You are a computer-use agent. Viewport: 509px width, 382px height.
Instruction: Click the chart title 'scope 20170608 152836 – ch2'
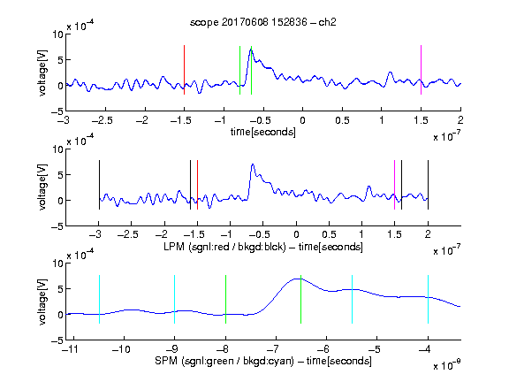[263, 22]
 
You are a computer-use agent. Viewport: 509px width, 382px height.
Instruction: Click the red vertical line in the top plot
[185, 70]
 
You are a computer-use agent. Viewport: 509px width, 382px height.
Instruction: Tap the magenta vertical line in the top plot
[421, 70]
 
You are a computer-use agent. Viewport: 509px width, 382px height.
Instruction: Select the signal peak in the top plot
[251, 50]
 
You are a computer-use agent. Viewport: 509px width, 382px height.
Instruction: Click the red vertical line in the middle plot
[197, 185]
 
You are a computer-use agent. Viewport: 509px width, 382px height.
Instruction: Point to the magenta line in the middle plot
[395, 185]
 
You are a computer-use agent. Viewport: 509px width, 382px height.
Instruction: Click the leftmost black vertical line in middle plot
[99, 185]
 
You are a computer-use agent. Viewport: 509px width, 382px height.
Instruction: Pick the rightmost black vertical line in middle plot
[428, 185]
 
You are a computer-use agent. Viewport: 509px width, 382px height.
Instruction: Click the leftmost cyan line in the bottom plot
[99, 299]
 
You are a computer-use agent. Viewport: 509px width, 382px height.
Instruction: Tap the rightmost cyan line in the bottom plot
[428, 299]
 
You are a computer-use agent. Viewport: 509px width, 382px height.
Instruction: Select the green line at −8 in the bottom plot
[225, 299]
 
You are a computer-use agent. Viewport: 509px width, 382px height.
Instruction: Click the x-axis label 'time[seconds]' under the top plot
[263, 132]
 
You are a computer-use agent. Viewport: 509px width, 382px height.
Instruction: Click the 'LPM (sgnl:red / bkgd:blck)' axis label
[224, 247]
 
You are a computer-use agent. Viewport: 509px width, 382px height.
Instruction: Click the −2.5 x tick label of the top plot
[103, 120]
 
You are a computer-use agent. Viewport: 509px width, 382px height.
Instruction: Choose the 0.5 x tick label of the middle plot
[329, 234]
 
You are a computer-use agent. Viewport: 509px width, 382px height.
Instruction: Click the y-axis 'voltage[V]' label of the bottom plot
[42, 302]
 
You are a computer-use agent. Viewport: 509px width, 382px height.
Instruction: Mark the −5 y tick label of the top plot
[57, 111]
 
